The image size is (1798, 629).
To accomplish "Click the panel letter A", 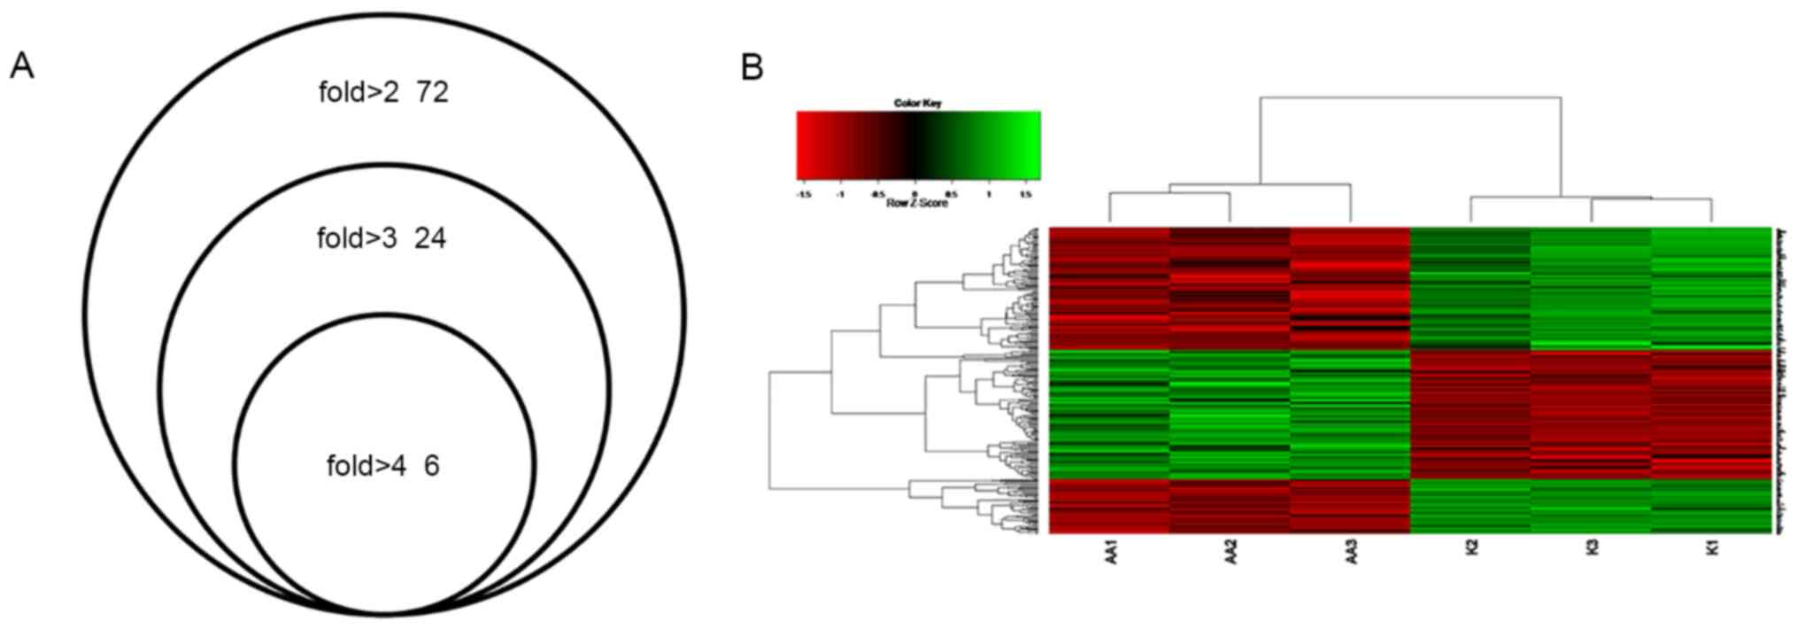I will coord(22,66).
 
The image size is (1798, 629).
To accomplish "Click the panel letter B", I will coord(752,66).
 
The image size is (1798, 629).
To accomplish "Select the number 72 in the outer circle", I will coord(431,91).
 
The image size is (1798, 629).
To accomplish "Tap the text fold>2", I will coord(359,91).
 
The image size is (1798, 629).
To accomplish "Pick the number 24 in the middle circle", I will coord(430,238).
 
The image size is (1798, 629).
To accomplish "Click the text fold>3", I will coord(357,238).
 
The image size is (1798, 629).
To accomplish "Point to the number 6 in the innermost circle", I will coord(431,466).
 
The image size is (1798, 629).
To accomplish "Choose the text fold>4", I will coord(366,466).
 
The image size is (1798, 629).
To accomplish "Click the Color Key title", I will coord(918,104).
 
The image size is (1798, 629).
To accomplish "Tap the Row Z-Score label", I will coord(917,204).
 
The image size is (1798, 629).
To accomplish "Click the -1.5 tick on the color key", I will coord(804,194).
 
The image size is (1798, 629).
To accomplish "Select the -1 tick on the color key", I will coord(840,194).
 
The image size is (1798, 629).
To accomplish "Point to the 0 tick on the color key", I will coord(915,194).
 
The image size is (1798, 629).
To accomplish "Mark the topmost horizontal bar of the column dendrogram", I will coord(1410,97).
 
